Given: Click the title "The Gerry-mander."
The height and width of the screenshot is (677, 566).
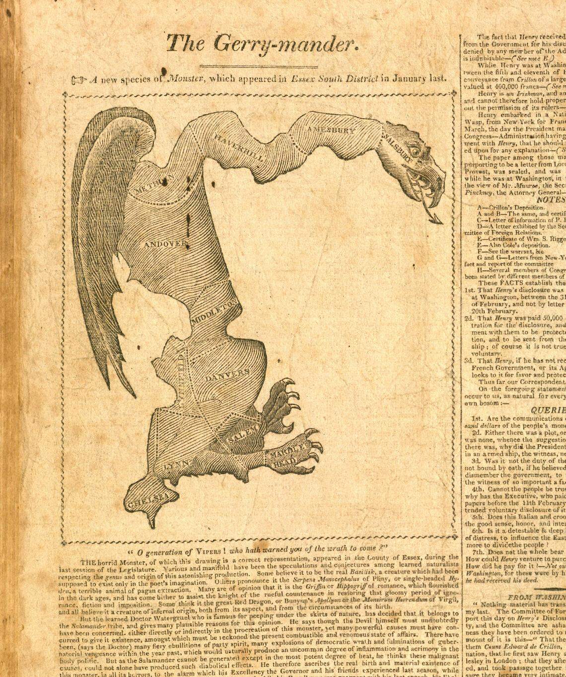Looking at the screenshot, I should [x=262, y=44].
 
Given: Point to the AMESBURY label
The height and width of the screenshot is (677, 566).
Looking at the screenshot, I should [x=331, y=130].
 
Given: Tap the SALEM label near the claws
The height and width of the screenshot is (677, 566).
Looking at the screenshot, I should [x=244, y=432].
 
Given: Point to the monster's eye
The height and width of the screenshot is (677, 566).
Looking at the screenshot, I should [x=415, y=147].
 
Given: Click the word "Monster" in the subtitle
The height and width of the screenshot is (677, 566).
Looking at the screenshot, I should [x=186, y=78].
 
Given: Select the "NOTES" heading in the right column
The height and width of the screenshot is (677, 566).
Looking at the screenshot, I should [x=551, y=199].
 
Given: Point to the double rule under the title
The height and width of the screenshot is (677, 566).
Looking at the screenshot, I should [x=258, y=66].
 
